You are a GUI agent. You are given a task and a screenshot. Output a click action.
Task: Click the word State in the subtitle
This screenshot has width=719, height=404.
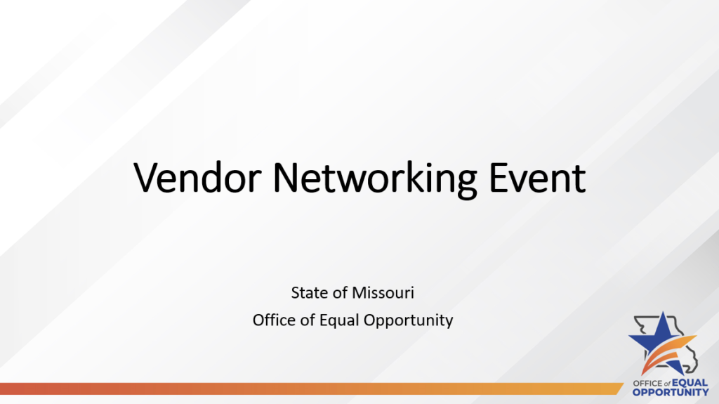307,292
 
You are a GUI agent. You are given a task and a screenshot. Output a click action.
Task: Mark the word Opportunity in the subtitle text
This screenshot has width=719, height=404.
409,321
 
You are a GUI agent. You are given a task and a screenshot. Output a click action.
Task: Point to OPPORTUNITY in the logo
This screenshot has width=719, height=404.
671,392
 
